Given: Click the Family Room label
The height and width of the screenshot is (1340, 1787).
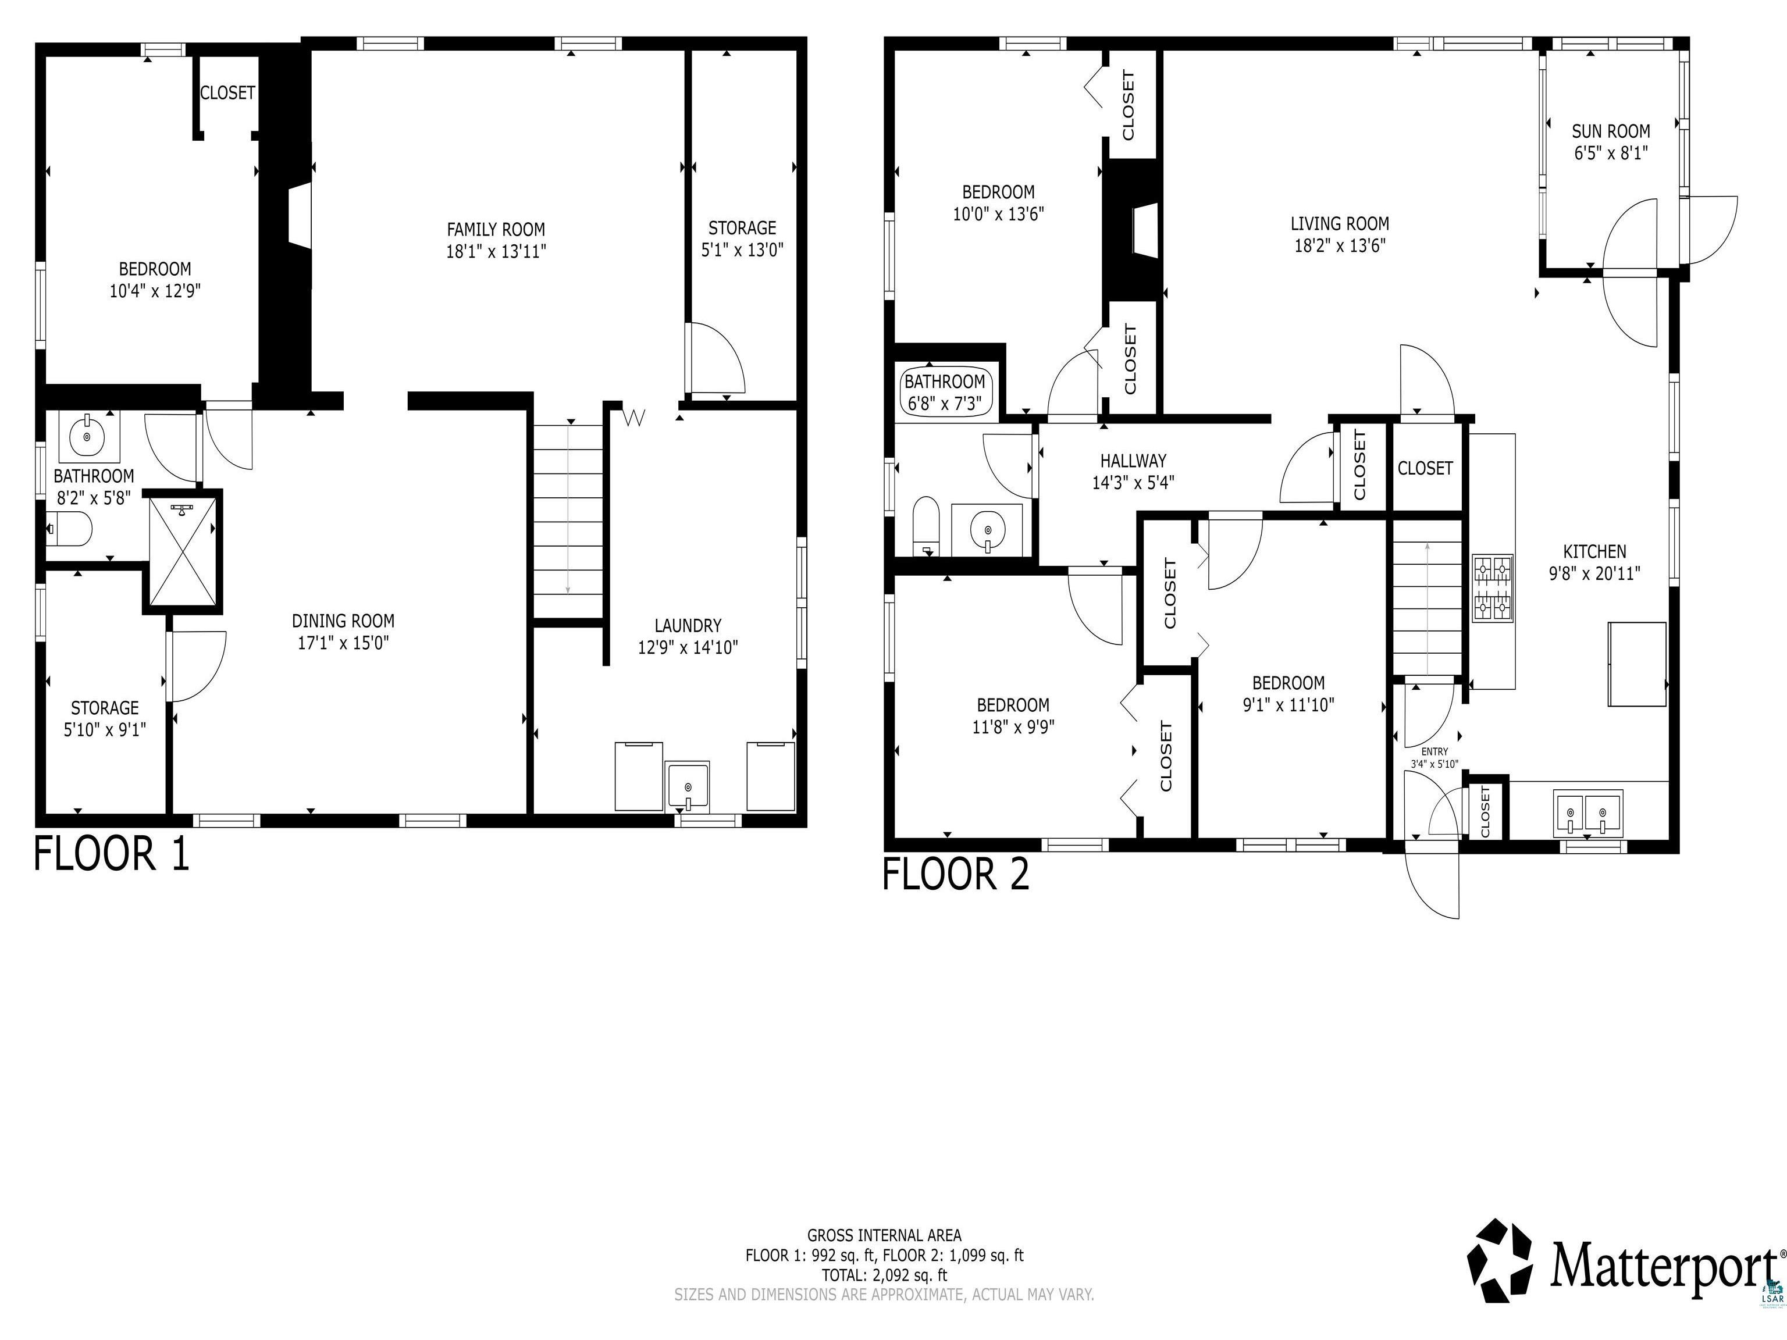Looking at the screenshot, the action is [496, 229].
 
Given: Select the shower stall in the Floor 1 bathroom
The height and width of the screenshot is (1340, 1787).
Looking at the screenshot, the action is [183, 552].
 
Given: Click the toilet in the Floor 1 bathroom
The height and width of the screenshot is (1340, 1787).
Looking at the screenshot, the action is [69, 530].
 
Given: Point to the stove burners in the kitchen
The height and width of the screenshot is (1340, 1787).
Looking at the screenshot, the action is [1492, 587].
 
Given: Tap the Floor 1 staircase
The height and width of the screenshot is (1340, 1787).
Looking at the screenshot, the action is [569, 522].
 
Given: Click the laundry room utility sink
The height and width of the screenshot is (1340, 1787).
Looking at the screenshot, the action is [688, 786].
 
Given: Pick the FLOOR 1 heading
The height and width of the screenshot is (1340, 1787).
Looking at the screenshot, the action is [112, 854].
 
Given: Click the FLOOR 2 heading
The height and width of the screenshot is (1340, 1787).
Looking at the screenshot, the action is [956, 874].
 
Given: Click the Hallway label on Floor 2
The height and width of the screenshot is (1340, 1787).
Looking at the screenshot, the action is [1133, 461].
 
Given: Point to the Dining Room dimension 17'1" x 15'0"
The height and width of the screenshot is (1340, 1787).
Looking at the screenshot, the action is [343, 643].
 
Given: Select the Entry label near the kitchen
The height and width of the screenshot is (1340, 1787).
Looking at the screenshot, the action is [1434, 751].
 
